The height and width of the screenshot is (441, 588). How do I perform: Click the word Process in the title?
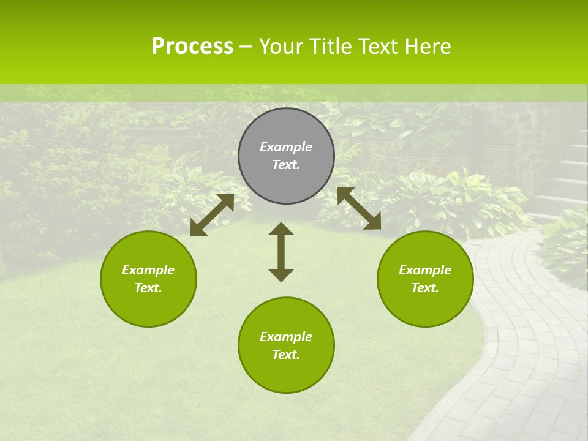click(x=192, y=47)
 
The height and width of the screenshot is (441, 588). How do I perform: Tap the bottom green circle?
click(x=286, y=374)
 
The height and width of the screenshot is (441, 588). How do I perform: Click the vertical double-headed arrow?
click(x=281, y=252)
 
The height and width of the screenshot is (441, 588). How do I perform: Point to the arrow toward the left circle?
click(x=212, y=215)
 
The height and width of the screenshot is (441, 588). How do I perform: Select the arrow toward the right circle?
click(x=359, y=208)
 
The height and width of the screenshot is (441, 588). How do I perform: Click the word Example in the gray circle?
click(x=286, y=147)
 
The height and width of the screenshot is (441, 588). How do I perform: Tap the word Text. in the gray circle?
click(x=286, y=165)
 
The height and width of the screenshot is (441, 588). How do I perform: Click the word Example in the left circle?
click(x=148, y=270)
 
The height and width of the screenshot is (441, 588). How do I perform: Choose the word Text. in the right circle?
click(x=425, y=288)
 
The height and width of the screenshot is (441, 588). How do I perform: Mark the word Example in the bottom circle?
click(x=286, y=337)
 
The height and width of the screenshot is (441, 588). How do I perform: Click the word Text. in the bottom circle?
click(x=286, y=355)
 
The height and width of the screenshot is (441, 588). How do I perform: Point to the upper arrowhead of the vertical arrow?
click(x=281, y=228)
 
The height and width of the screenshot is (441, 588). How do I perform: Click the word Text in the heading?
click(x=379, y=47)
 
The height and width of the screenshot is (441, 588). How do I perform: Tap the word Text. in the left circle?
click(x=148, y=288)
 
